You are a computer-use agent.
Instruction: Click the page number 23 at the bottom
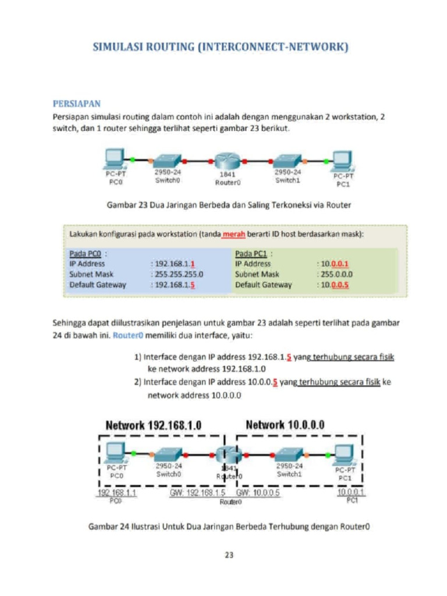229,555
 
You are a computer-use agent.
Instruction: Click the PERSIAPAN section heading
77,104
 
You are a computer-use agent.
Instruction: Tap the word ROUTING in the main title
166,47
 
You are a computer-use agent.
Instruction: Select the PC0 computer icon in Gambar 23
114,159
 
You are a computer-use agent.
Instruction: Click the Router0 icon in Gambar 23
226,161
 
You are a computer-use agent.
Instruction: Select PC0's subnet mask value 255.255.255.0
173,274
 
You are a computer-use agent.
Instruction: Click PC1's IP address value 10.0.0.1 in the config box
337,264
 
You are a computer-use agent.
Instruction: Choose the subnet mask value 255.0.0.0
335,274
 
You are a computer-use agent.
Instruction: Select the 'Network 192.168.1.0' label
154,425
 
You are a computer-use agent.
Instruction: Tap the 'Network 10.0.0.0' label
285,424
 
